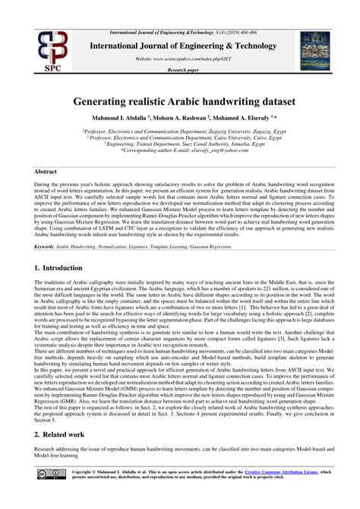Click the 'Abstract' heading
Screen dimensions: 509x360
pos(49,172)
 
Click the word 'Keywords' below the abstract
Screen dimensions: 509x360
pos(50,246)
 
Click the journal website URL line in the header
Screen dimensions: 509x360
pos(180,58)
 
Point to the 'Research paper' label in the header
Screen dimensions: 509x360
pos(180,69)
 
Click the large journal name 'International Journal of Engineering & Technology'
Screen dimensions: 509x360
pos(180,44)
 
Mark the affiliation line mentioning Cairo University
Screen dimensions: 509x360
pos(180,137)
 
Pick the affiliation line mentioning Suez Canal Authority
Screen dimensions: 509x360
pos(180,144)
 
